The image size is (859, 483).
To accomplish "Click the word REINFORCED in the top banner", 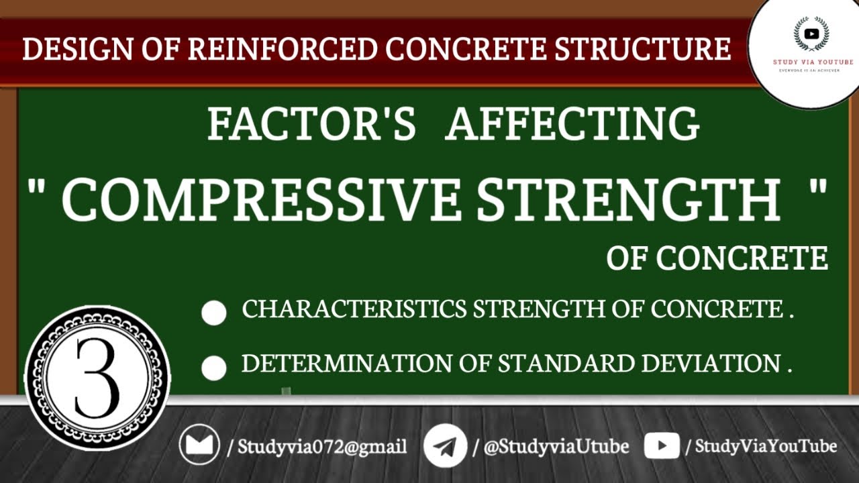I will pos(282,50).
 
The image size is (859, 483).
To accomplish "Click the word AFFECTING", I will pos(572,124).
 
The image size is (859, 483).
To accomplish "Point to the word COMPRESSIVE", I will pos(261,199).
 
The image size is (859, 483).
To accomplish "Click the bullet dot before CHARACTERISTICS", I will pos(214,313).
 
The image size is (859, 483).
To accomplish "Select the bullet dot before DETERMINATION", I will pos(214,368).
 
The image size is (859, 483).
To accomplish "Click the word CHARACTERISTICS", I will pos(355,309).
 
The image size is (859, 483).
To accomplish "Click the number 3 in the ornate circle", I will pos(97,378).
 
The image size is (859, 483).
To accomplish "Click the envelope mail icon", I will pos(199,445).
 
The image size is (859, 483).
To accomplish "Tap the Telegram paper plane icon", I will pos(445,446).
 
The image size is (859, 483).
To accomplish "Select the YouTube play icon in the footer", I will pos(662,446).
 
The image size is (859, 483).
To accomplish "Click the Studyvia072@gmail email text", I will pos(321,447).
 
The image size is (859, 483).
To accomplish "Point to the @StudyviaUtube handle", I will pos(556,447).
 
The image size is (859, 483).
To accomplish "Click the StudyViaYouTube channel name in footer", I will pos(765,446).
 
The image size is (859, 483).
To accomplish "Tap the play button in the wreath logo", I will pos(811,34).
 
